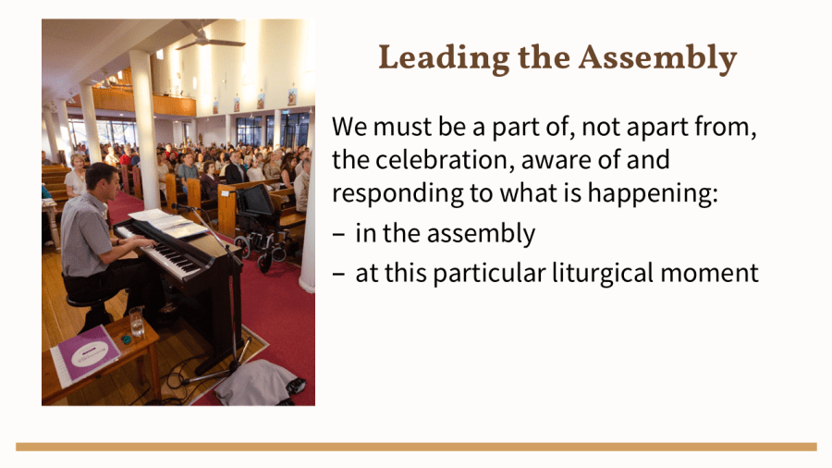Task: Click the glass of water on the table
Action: pyautogui.click(x=137, y=321)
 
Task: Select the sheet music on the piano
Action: pyautogui.click(x=167, y=222)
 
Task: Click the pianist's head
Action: pyautogui.click(x=103, y=179)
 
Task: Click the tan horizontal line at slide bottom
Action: pyautogui.click(x=416, y=447)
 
